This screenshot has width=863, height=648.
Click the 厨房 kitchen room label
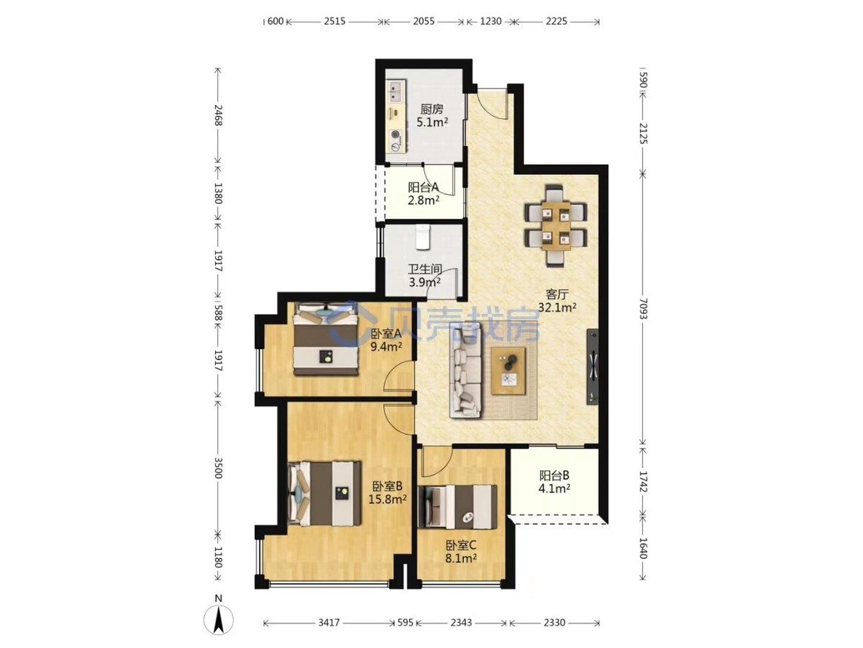click(431, 109)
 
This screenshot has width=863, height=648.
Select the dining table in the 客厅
click(555, 226)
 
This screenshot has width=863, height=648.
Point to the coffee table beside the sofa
click(508, 371)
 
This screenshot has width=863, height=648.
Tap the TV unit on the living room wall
click(593, 366)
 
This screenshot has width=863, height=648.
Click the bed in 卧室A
click(326, 338)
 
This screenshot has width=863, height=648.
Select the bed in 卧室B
click(324, 493)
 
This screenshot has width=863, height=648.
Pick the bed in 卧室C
click(457, 507)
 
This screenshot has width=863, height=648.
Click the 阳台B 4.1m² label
click(554, 482)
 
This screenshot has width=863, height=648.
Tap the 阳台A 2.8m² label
click(423, 194)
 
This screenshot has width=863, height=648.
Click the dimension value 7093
click(642, 308)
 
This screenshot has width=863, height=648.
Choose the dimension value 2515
click(334, 22)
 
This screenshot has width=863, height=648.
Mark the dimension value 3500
click(218, 468)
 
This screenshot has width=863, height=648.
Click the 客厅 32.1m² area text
click(557, 300)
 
